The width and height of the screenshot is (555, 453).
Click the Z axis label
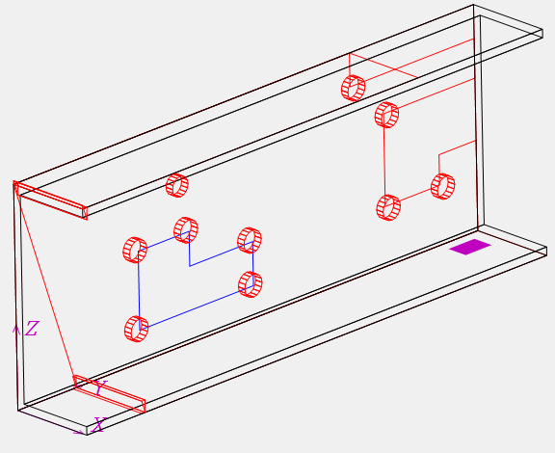point(32,329)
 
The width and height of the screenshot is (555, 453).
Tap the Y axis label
point(100,387)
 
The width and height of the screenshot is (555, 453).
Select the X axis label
point(98,424)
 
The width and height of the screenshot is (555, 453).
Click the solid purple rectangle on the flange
point(470,247)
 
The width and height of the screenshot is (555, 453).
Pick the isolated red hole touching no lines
point(177,185)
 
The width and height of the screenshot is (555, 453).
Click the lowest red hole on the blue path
point(136,329)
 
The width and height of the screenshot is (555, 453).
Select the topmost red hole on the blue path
point(186,230)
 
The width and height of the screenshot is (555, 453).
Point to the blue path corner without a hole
point(190,266)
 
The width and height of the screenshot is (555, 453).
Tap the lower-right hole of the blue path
point(251,284)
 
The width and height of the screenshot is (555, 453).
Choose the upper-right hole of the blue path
point(250,241)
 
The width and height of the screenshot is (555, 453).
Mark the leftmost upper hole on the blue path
point(135,250)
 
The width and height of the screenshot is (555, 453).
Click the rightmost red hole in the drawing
point(443,186)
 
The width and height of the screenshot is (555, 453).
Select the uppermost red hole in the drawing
point(354,89)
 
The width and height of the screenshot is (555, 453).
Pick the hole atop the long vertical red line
point(387,115)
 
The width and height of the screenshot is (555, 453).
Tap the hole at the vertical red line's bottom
point(388,207)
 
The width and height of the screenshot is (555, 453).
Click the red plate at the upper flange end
point(50,200)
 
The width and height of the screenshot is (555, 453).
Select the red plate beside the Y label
point(110,394)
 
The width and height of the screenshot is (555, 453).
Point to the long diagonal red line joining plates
point(45,284)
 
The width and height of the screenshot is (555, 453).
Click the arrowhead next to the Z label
point(15,329)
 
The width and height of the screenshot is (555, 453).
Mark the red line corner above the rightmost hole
point(439,154)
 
